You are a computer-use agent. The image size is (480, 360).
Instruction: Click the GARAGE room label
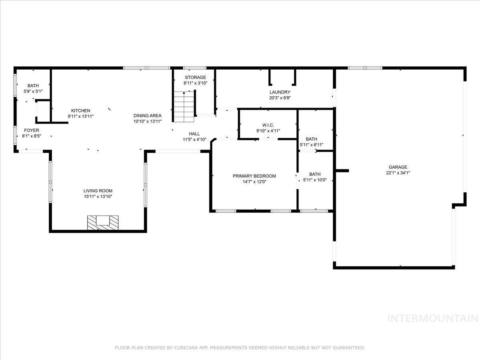pyautogui.click(x=398, y=167)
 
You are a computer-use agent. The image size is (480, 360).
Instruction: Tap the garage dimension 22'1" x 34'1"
pyautogui.click(x=398, y=173)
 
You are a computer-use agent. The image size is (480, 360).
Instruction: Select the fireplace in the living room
pyautogui.click(x=103, y=222)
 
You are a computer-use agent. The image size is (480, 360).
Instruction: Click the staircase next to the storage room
pyautogui.click(x=184, y=107)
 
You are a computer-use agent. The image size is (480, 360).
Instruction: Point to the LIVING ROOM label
pyautogui.click(x=98, y=191)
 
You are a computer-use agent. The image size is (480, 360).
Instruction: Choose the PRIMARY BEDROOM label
pyautogui.click(x=254, y=176)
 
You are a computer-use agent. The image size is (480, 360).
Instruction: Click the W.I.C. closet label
pyautogui.click(x=268, y=125)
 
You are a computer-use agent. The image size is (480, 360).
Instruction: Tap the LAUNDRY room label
pyautogui.click(x=280, y=92)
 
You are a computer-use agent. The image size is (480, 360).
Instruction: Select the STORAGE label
pyautogui.click(x=195, y=77)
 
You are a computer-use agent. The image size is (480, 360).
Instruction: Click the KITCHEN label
pyautogui.click(x=80, y=110)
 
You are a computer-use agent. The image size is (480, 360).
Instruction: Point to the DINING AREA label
pyautogui.click(x=148, y=116)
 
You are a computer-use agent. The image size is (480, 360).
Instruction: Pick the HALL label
pyautogui.click(x=194, y=134)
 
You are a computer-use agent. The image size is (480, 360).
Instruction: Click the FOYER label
pyautogui.click(x=32, y=130)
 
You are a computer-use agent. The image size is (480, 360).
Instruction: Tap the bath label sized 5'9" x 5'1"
pyautogui.click(x=33, y=86)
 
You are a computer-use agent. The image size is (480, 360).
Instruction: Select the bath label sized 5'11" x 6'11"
pyautogui.click(x=312, y=139)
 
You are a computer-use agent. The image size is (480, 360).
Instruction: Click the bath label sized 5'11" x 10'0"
pyautogui.click(x=315, y=174)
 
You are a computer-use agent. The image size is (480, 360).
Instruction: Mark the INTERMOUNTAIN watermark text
pyautogui.click(x=433, y=318)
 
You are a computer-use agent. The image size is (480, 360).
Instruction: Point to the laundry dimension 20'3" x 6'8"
pyautogui.click(x=280, y=98)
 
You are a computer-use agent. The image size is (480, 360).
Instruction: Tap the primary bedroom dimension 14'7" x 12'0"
pyautogui.click(x=254, y=182)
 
